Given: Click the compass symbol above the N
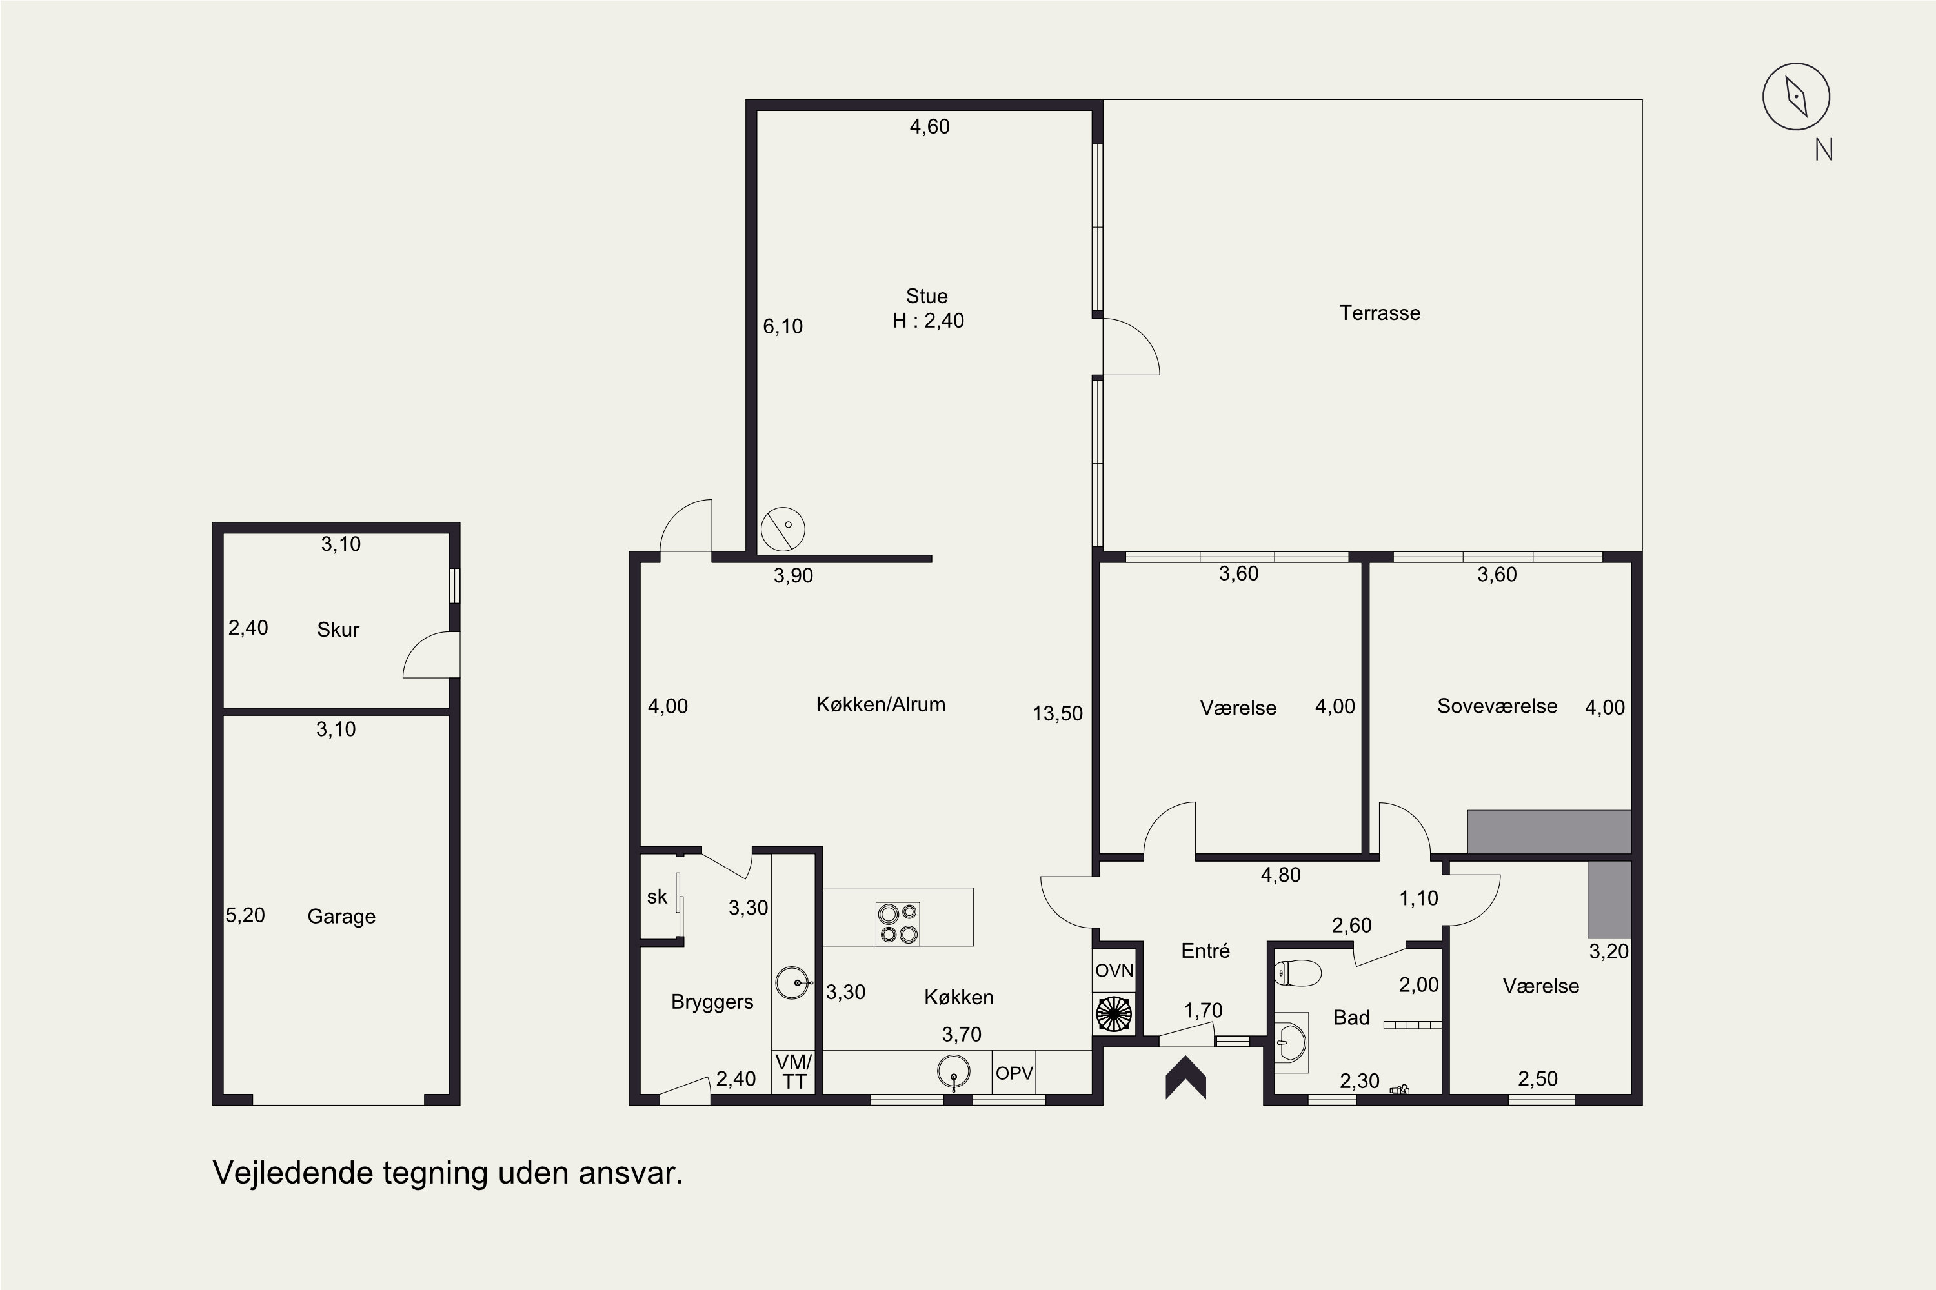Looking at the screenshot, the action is (x=1796, y=96).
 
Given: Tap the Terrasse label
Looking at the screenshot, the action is (x=1380, y=313).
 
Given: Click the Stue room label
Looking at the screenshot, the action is (x=927, y=296).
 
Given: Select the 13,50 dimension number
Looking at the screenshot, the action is (x=1058, y=713).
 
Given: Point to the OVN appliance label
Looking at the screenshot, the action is (x=1114, y=971).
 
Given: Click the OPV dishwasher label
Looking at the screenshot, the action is (x=1014, y=1074).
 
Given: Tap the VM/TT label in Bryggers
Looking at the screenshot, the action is (x=794, y=1072).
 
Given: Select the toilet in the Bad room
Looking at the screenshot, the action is (x=1298, y=974).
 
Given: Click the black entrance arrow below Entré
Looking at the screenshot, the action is (x=1185, y=1077).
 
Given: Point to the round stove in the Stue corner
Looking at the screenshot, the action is (x=783, y=529).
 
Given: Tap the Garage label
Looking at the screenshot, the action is (x=341, y=917).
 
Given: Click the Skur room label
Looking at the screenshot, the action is (x=338, y=630).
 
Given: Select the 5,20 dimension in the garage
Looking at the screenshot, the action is (x=245, y=915).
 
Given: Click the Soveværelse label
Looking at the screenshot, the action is (x=1497, y=706).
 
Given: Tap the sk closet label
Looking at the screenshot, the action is (x=657, y=897).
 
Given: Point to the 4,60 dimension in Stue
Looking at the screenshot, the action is (x=929, y=126).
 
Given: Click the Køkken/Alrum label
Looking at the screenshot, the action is (x=881, y=704).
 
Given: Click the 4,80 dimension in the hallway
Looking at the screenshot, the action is (x=1281, y=875).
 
